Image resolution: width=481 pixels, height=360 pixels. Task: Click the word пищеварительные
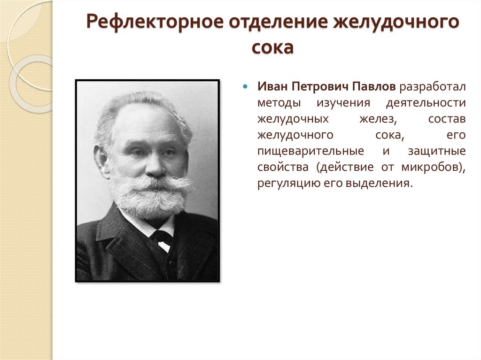pyautogui.click(x=310, y=151)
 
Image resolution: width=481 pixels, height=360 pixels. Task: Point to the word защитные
pyautogui.click(x=437, y=151)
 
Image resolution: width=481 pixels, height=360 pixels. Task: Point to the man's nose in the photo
pyautogui.click(x=155, y=164)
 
